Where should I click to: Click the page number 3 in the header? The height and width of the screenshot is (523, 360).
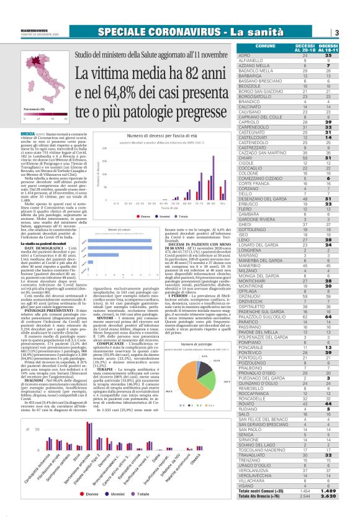[x=352, y=32]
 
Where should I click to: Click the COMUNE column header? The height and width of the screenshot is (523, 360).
[x=265, y=45]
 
